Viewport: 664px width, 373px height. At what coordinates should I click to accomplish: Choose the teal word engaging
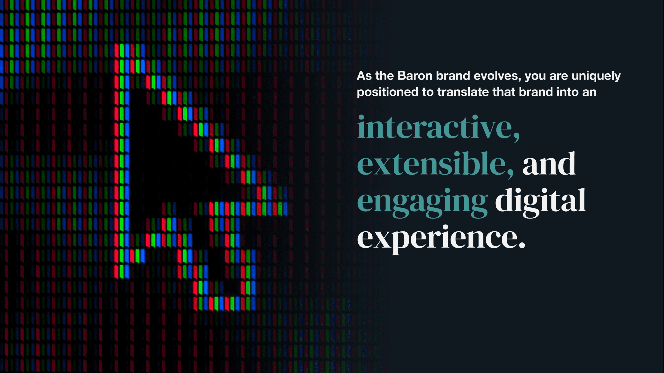(x=422, y=202)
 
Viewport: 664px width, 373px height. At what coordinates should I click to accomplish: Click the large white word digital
(x=540, y=202)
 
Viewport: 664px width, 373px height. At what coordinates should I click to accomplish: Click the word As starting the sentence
(x=364, y=76)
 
